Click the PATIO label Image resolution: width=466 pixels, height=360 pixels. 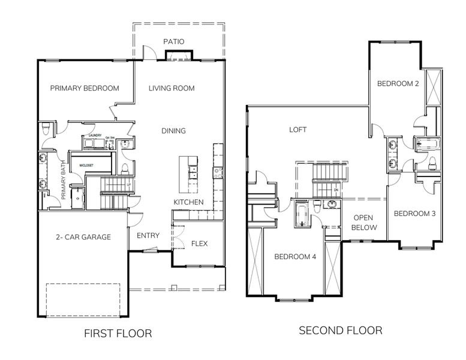pyautogui.click(x=174, y=41)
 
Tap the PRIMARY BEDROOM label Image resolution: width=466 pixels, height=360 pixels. pyautogui.click(x=85, y=88)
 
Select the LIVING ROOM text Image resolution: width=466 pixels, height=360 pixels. pyautogui.click(x=172, y=88)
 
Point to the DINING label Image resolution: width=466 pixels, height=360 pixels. pyautogui.click(x=173, y=131)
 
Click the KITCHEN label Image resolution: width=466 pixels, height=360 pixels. pyautogui.click(x=189, y=202)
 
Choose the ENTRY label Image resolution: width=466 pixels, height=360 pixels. pyautogui.click(x=148, y=235)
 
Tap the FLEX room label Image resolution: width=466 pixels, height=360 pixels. pyautogui.click(x=199, y=244)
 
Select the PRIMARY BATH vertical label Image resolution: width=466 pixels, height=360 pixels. pyautogui.click(x=63, y=178)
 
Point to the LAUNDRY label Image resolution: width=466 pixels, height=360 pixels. pyautogui.click(x=95, y=136)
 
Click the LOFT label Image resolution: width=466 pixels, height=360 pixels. pyautogui.click(x=298, y=129)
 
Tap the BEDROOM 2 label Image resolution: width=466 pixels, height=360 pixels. pyautogui.click(x=398, y=84)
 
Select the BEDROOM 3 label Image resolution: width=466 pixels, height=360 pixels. pyautogui.click(x=414, y=214)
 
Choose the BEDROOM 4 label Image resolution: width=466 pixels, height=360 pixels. pyautogui.click(x=296, y=257)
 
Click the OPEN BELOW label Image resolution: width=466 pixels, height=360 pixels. pyautogui.click(x=365, y=223)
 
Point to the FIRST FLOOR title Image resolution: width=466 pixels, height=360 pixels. pyautogui.click(x=118, y=333)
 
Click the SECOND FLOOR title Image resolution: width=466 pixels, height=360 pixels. pyautogui.click(x=340, y=331)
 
